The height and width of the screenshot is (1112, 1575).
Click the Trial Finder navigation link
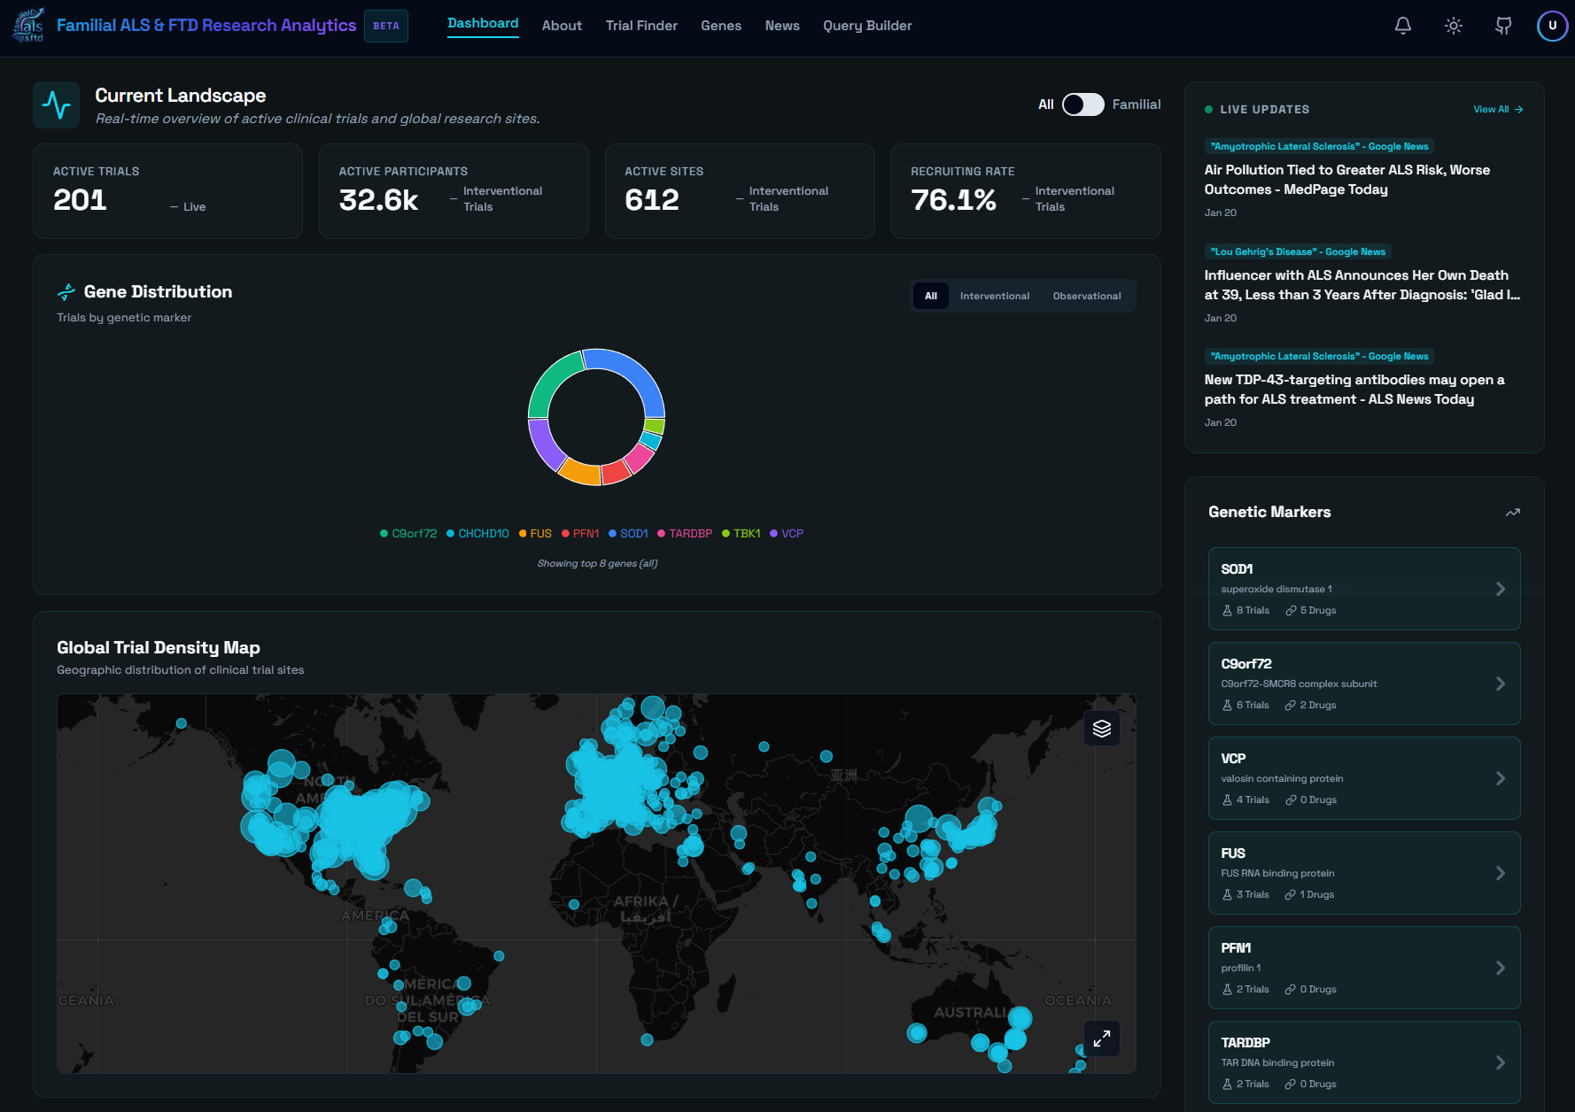click(x=641, y=26)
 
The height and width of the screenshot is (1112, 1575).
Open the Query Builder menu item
click(x=867, y=26)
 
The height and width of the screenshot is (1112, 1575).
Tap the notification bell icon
click(x=1403, y=26)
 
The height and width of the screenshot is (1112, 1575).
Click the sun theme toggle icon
click(x=1454, y=26)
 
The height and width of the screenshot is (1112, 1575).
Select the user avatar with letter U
click(x=1552, y=26)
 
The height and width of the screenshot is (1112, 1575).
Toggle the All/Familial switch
click(x=1082, y=104)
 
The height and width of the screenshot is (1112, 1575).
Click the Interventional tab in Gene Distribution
click(x=994, y=296)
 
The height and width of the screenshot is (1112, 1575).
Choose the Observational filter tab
click(x=1086, y=296)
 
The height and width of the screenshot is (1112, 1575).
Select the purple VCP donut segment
click(x=545, y=444)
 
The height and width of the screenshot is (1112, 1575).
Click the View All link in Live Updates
click(x=1497, y=110)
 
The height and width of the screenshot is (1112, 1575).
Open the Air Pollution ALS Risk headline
click(x=1346, y=180)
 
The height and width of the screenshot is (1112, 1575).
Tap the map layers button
click(x=1102, y=729)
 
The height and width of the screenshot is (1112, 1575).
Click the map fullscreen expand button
click(x=1102, y=1039)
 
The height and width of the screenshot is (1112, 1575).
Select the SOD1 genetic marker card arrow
click(x=1500, y=589)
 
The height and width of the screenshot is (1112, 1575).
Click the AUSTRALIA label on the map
click(x=970, y=1012)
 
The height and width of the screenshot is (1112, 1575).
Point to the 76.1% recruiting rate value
click(x=953, y=200)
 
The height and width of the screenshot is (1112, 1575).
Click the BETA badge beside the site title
click(x=386, y=26)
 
